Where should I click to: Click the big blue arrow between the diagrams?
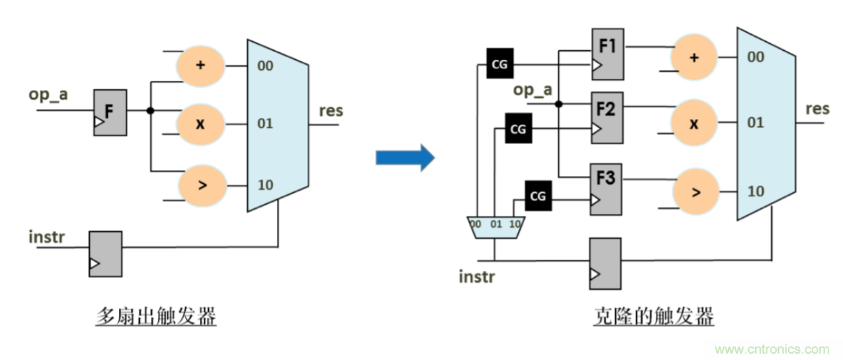tap(404, 159)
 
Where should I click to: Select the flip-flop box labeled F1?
tap(607, 54)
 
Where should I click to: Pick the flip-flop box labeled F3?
tap(606, 189)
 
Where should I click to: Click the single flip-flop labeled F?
tap(110, 112)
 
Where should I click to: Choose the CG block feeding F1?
tap(500, 64)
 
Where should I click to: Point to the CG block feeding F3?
tap(537, 196)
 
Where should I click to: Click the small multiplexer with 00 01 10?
tap(494, 227)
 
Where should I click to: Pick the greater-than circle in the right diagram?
tap(695, 191)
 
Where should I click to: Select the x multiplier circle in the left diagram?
tap(199, 125)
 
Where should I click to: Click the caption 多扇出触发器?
tap(156, 318)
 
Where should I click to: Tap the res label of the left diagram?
tap(331, 111)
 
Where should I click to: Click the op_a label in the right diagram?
tap(533, 90)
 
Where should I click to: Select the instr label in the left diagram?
tap(47, 237)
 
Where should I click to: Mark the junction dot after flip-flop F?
tap(150, 110)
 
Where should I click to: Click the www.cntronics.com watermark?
tap(773, 349)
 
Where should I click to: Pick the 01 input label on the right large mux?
tap(756, 123)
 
